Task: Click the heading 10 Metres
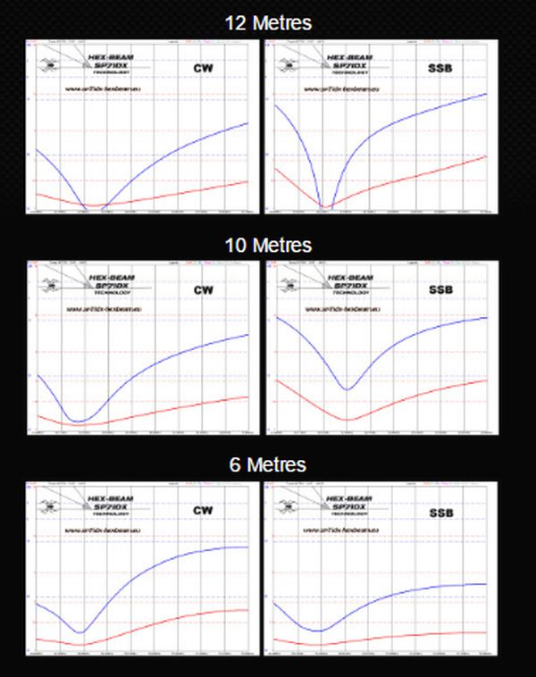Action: [x=268, y=244]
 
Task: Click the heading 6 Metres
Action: [x=268, y=464]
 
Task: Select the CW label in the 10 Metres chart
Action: [x=205, y=289]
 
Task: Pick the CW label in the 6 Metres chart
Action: [x=205, y=511]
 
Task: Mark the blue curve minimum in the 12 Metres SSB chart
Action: [x=325, y=206]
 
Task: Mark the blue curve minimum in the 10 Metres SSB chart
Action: [x=348, y=389]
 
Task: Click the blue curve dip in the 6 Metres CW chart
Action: [x=81, y=632]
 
